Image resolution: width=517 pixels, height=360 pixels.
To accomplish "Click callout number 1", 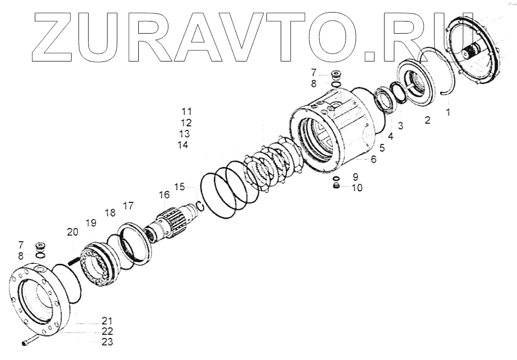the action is click(x=448, y=112).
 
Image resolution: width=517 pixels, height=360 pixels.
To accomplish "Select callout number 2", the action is click(x=427, y=121).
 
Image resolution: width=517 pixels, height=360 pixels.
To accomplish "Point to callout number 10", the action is click(x=357, y=187).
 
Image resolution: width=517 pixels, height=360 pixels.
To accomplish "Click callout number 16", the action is click(x=164, y=196).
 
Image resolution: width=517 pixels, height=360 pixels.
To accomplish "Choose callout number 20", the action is click(x=73, y=232).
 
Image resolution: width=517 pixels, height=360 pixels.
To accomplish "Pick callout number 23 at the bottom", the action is click(x=107, y=342).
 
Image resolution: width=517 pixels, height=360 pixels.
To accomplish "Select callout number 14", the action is click(x=183, y=145).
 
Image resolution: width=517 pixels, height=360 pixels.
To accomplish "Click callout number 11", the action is click(x=187, y=111).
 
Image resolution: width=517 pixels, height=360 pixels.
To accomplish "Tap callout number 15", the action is click(x=180, y=187).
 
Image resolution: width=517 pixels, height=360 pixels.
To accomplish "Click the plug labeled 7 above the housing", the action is click(x=335, y=75).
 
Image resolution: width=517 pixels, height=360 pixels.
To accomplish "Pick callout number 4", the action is click(x=390, y=137).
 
